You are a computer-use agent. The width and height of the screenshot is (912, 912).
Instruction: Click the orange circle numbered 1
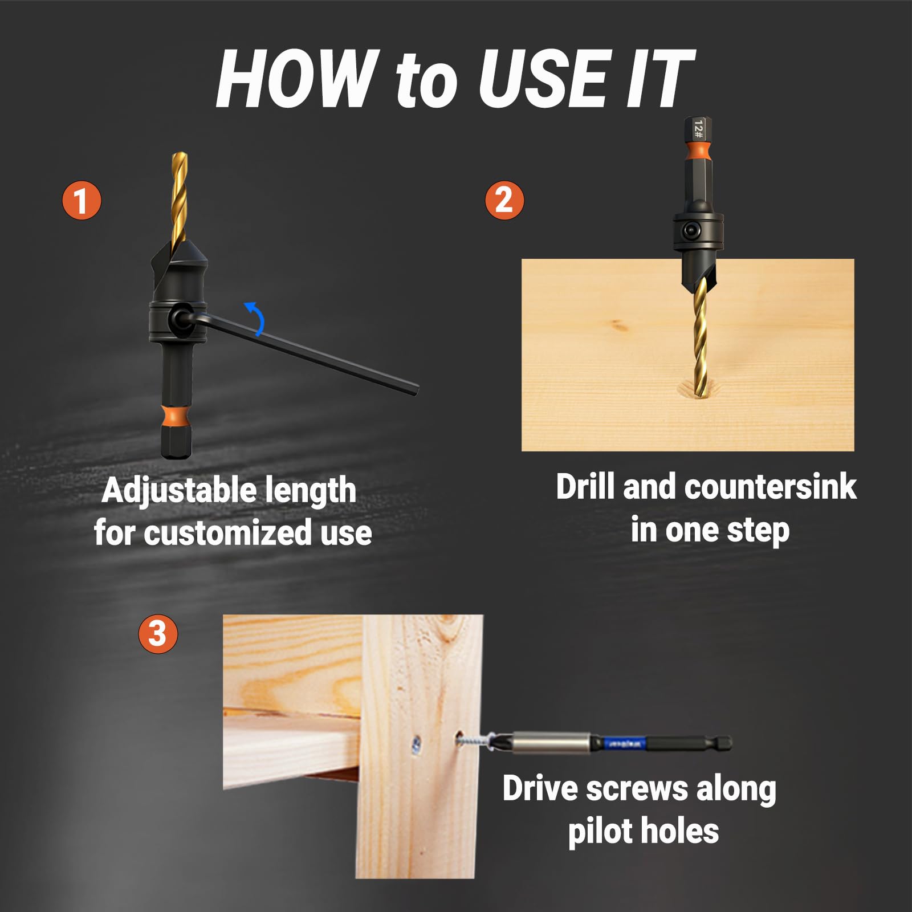point(82,200)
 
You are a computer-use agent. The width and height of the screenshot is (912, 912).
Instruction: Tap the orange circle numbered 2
point(504,200)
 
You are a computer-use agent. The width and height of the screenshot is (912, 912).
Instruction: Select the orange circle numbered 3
point(158,633)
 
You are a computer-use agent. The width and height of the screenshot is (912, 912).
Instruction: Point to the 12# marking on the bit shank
point(699,129)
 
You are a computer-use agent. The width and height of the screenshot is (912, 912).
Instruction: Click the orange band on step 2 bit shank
point(698,150)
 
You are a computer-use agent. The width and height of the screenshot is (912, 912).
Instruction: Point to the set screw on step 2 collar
point(693,231)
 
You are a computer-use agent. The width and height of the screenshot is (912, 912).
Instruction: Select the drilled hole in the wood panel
point(697,392)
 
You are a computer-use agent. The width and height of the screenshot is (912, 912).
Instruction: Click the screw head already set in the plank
point(417,743)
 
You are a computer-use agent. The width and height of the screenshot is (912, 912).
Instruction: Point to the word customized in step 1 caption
point(229,534)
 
